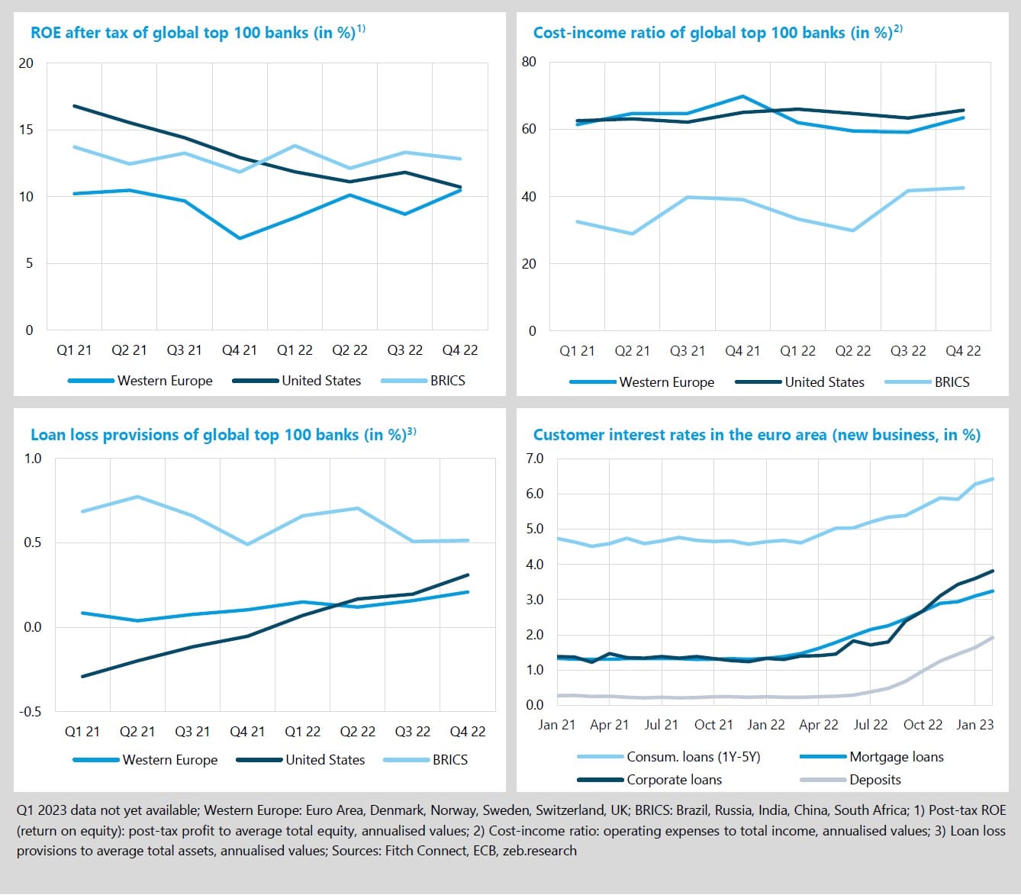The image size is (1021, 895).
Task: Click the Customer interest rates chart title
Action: (x=756, y=435)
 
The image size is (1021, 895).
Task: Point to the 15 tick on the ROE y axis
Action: (x=27, y=130)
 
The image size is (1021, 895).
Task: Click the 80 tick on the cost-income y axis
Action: (x=529, y=62)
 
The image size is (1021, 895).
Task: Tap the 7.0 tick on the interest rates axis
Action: (x=534, y=459)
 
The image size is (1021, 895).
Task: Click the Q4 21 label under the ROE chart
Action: (x=240, y=350)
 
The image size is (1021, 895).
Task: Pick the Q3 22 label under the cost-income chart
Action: (x=908, y=351)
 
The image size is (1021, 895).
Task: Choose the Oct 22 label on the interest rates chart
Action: (x=923, y=725)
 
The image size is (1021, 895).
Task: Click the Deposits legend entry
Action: (x=874, y=780)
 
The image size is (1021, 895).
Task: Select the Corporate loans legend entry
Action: (x=674, y=780)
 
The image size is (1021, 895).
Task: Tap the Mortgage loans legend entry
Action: (x=896, y=757)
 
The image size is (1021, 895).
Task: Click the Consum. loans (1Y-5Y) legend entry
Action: (x=693, y=757)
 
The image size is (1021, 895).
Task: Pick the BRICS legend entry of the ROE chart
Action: (x=447, y=381)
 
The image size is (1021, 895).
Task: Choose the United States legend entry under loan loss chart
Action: (x=325, y=760)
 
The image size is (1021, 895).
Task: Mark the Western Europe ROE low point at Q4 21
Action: (x=240, y=238)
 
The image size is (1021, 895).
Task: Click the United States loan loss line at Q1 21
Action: (x=82, y=676)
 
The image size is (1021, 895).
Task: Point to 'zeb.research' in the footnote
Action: (x=539, y=850)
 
